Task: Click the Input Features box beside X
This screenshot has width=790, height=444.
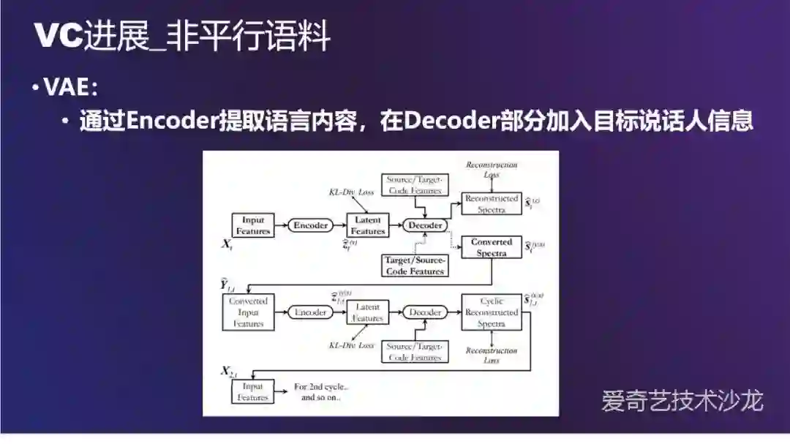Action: pyautogui.click(x=252, y=225)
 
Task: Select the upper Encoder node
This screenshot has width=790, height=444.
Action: pyautogui.click(x=311, y=225)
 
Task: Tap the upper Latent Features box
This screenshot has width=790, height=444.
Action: pyautogui.click(x=368, y=225)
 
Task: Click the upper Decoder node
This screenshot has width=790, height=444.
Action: pyautogui.click(x=424, y=225)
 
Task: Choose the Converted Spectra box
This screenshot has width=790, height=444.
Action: pyautogui.click(x=491, y=247)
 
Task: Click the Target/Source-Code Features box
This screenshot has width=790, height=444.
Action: pyautogui.click(x=415, y=266)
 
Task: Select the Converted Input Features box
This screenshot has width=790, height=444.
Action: pyautogui.click(x=248, y=312)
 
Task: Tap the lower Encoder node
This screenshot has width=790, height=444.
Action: pyautogui.click(x=311, y=312)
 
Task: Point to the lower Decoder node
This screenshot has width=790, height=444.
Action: pyautogui.click(x=424, y=312)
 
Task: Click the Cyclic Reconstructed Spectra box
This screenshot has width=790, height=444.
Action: pyautogui.click(x=491, y=312)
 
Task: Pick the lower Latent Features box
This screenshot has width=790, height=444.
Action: pyautogui.click(x=368, y=312)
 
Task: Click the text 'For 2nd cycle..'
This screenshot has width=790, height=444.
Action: pyautogui.click(x=322, y=387)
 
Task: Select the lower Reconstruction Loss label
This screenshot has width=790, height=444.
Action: pyautogui.click(x=491, y=355)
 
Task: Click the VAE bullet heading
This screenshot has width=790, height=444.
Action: pyautogui.click(x=70, y=88)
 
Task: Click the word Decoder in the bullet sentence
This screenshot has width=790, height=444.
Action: pyautogui.click(x=447, y=121)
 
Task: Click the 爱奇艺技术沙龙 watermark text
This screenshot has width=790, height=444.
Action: pyautogui.click(x=682, y=401)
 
